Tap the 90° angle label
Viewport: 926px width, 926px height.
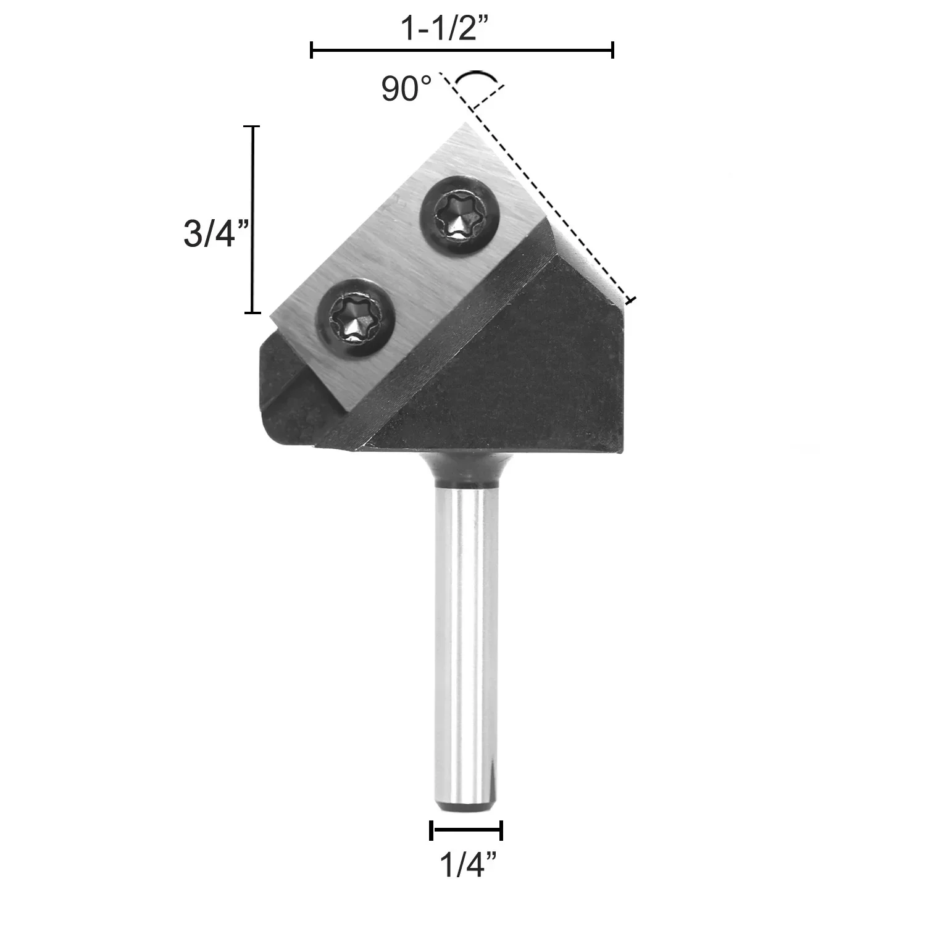(406, 89)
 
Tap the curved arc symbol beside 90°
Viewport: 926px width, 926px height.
(475, 79)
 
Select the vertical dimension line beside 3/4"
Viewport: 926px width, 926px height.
(252, 220)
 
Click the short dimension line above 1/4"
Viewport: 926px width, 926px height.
(466, 830)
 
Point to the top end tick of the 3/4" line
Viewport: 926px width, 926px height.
(252, 127)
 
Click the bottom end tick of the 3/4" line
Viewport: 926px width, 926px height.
(252, 313)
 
